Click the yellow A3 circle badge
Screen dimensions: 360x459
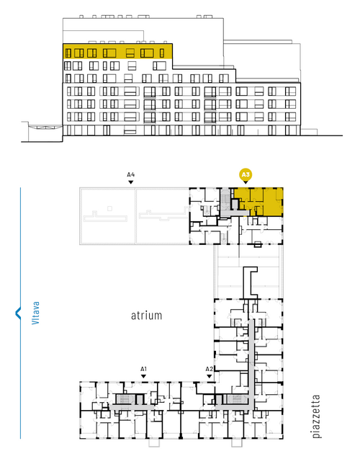coord(246,175)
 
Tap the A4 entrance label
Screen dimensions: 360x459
coord(131,175)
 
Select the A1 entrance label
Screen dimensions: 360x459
coord(143,369)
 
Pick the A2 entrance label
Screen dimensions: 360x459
coord(209,369)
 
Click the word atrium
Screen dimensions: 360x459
coord(146,316)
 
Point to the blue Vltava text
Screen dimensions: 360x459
coord(36,313)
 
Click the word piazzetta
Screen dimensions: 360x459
coord(316,416)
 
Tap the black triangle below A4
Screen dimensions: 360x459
coord(131,182)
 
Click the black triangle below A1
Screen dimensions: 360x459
coord(143,376)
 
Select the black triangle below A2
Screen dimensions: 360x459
coord(209,376)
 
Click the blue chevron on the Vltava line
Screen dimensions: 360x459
coord(17,313)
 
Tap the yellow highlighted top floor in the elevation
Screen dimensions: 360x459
coord(117,52)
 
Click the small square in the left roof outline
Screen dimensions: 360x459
coord(109,208)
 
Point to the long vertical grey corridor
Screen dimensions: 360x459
coord(251,363)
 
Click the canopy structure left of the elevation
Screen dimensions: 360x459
coord(42,129)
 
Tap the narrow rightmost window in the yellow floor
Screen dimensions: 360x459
coord(162,53)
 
